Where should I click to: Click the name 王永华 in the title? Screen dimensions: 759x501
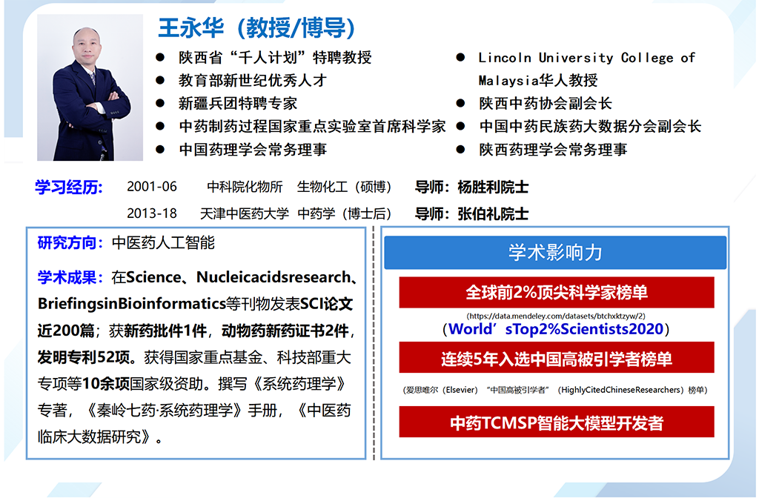tap(191, 27)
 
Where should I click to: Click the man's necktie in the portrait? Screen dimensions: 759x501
tap(93, 78)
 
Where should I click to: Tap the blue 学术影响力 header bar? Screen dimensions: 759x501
tap(555, 252)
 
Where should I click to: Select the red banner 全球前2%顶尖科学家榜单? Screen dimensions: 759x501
tap(556, 292)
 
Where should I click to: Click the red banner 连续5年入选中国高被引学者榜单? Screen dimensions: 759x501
tap(556, 358)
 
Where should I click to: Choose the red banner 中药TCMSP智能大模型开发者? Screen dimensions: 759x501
tap(556, 422)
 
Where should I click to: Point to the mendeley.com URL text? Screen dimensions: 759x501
tap(556, 316)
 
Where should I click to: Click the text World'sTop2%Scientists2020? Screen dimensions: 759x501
tap(556, 329)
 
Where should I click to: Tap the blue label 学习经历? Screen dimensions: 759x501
tap(69, 187)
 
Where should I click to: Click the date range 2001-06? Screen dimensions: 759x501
tap(152, 186)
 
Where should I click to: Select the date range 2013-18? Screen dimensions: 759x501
tap(152, 213)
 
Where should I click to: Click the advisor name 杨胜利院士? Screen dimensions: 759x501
tap(493, 187)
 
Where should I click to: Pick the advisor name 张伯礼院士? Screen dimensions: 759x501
tap(493, 213)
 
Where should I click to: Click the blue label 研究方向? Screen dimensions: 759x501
tap(67, 242)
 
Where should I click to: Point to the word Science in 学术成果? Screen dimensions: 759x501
tap(153, 277)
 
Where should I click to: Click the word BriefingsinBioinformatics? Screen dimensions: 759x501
tap(132, 304)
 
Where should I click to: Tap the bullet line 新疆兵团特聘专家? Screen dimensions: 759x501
tap(238, 103)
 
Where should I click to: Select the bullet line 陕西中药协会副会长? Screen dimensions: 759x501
tap(546, 103)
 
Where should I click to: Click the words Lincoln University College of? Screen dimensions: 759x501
tap(587, 58)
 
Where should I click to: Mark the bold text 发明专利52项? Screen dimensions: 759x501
tap(84, 357)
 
